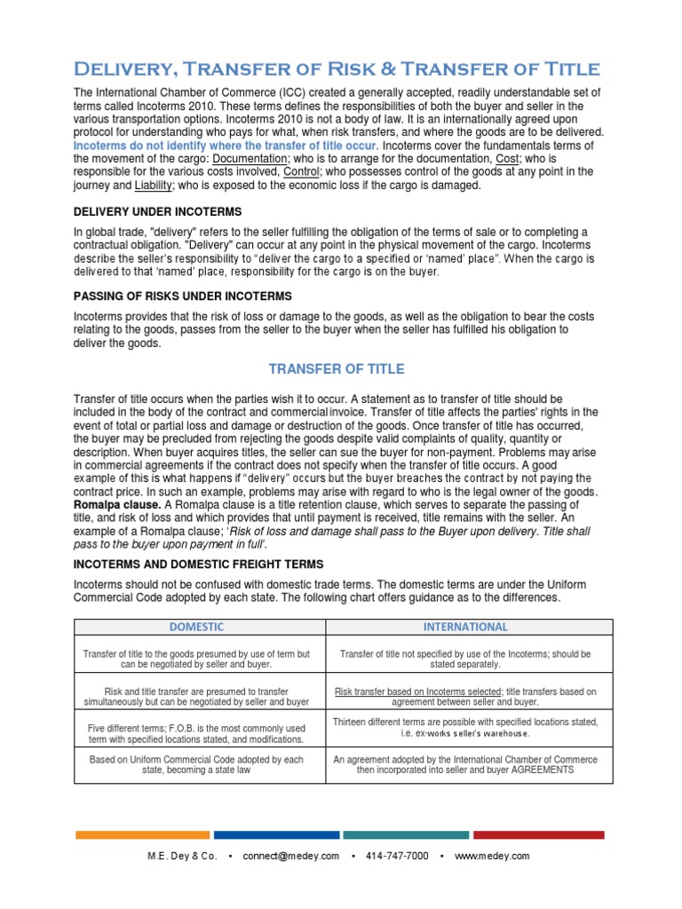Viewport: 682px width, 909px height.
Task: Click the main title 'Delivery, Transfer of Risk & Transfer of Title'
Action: [x=337, y=69]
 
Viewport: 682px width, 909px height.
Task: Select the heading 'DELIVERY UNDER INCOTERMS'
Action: [x=156, y=211]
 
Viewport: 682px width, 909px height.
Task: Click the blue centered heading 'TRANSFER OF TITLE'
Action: [x=336, y=368]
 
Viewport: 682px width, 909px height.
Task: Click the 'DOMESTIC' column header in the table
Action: [x=197, y=626]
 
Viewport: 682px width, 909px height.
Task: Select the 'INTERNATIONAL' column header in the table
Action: [x=465, y=626]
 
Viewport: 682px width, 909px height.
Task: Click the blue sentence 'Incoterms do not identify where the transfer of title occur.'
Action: [x=226, y=145]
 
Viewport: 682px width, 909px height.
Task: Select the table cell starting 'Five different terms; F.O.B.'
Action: [x=197, y=733]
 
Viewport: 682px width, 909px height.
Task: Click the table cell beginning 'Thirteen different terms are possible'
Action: [x=465, y=727]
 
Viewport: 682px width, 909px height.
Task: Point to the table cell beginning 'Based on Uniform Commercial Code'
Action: [x=197, y=765]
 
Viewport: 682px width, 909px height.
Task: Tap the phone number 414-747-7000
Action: [x=397, y=856]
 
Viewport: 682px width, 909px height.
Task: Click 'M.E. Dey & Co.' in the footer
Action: [x=182, y=856]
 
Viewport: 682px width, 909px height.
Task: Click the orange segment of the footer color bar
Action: [x=142, y=834]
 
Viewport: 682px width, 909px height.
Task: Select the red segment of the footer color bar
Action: [x=538, y=834]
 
